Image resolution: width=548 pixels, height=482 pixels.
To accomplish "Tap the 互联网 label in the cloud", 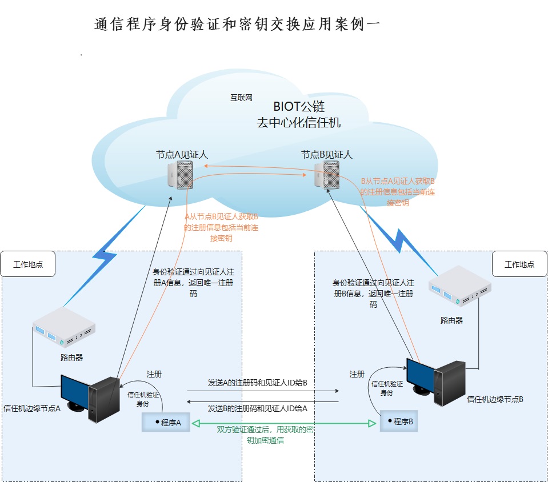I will (241, 98).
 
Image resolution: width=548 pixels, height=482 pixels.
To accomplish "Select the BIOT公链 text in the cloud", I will (299, 106).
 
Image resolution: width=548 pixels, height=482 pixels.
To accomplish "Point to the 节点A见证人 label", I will (182, 154).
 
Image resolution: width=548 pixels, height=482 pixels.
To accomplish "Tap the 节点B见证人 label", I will (327, 154).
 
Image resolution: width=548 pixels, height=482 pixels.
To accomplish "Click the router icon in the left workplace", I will (63, 328).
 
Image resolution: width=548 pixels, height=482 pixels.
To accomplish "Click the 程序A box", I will (166, 423).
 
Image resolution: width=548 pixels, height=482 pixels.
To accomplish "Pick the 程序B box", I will (399, 421).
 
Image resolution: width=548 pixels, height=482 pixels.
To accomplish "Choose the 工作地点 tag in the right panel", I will (519, 264).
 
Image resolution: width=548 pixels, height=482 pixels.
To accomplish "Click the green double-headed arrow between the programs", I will (285, 423).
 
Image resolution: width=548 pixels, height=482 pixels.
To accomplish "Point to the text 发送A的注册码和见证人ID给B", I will (258, 383).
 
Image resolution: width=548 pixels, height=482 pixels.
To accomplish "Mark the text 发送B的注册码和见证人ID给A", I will (258, 408).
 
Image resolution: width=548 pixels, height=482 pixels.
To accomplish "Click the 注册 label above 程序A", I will (154, 374).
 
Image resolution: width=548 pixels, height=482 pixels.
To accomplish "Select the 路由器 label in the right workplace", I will (451, 320).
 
